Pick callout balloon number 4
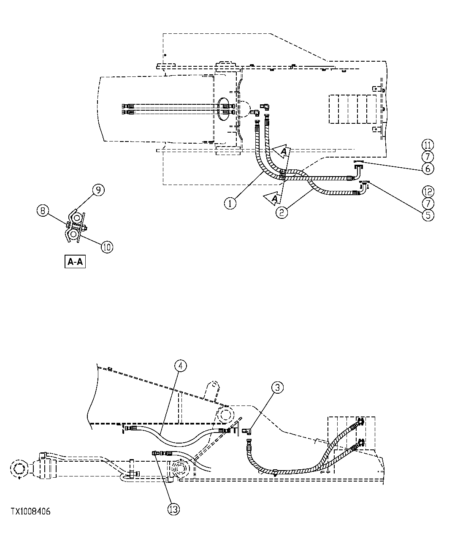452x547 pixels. click(x=180, y=366)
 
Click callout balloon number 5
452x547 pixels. click(x=427, y=215)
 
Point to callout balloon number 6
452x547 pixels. click(x=427, y=168)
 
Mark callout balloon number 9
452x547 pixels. click(x=98, y=190)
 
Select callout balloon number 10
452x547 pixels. click(x=107, y=247)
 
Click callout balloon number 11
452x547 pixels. click(x=427, y=145)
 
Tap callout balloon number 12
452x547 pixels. click(x=427, y=191)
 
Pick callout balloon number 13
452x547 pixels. click(x=173, y=509)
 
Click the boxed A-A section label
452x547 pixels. click(x=75, y=262)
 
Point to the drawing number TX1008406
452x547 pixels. click(x=30, y=512)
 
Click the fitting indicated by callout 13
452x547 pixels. click(x=156, y=453)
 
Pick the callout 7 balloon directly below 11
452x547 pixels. click(x=427, y=157)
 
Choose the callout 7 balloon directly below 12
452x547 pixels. click(x=427, y=203)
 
